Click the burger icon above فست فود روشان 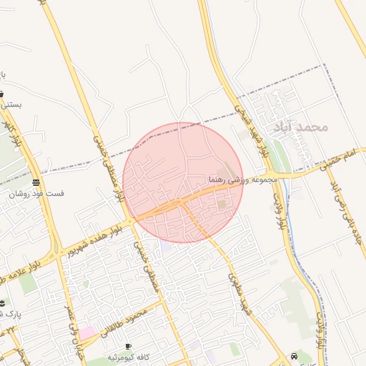[x=36, y=183]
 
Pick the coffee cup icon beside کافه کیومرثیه [x=128, y=347]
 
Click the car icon [x=295, y=356]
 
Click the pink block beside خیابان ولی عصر [x=86, y=333]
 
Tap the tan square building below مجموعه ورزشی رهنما [x=222, y=204]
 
